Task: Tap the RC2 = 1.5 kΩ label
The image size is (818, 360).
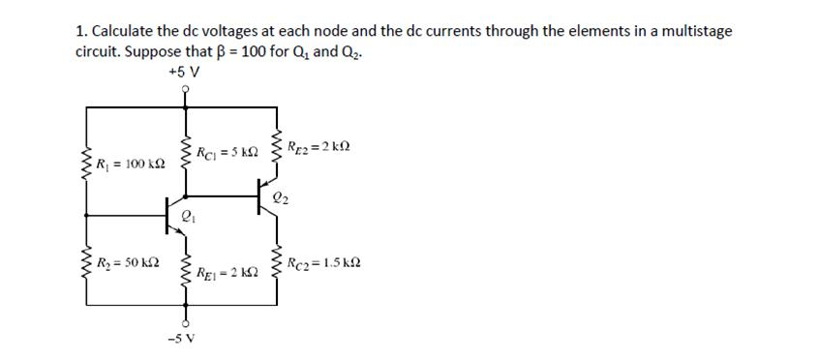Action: pos(327,262)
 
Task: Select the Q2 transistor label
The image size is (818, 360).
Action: pos(279,200)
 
